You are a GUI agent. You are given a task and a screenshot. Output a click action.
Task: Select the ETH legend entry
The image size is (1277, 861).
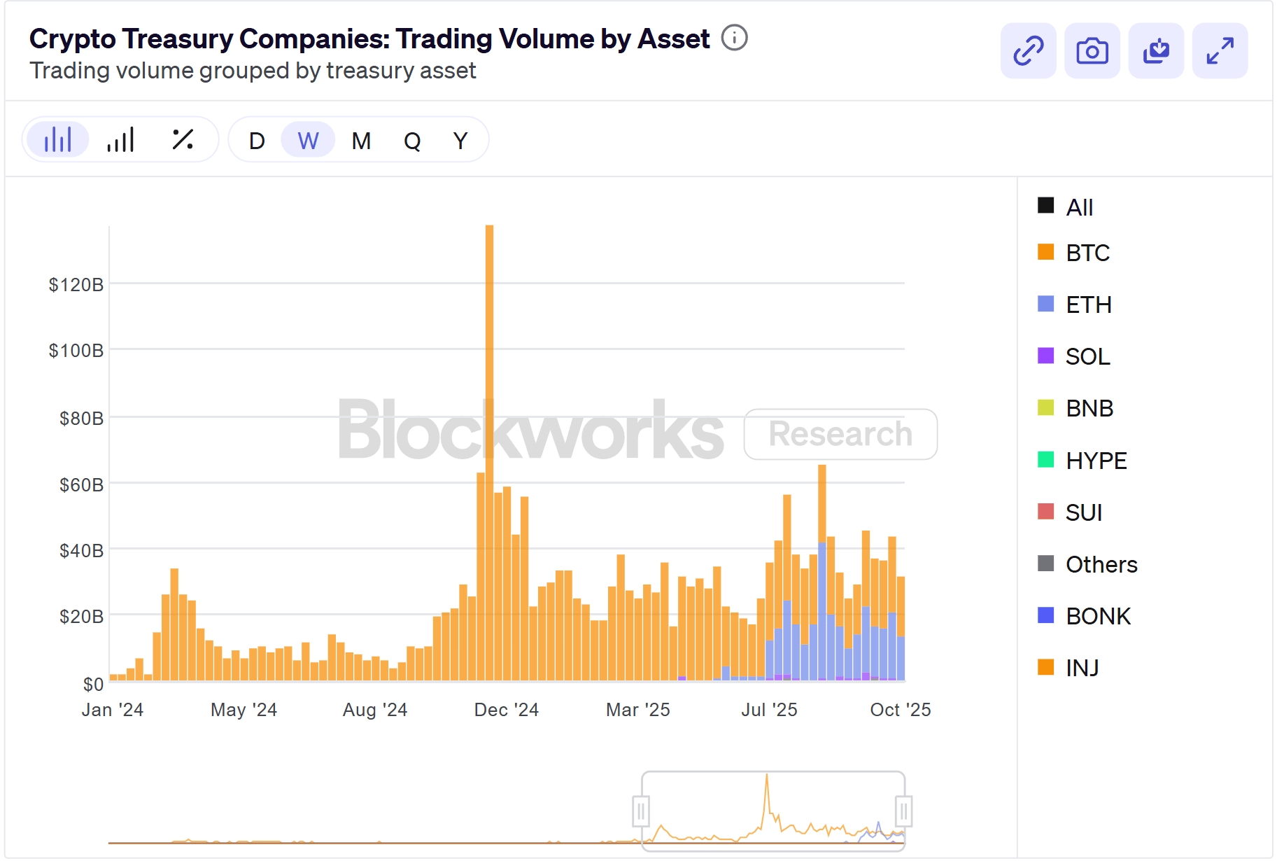point(1088,304)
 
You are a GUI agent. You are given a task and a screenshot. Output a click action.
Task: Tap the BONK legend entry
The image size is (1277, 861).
point(1097,616)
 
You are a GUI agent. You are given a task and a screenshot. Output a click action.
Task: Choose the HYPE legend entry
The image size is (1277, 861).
point(1096,461)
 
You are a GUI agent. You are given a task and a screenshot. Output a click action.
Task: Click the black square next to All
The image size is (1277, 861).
point(1045,205)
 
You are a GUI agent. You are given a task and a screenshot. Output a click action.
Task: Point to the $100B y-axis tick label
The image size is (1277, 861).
point(76,350)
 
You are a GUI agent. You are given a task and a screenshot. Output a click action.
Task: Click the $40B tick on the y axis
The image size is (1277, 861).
point(81,550)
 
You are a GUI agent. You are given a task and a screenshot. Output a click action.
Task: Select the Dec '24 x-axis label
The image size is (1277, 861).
point(506,710)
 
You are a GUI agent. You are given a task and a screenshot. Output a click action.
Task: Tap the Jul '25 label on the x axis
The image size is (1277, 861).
point(769,710)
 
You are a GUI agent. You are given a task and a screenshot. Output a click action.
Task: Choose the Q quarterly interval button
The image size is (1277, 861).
point(412,141)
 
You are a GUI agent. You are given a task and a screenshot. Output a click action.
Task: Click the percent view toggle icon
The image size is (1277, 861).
point(183,139)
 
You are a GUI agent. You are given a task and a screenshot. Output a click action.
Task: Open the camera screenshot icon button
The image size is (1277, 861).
point(1092,51)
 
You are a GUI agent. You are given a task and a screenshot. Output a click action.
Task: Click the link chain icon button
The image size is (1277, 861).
point(1028,51)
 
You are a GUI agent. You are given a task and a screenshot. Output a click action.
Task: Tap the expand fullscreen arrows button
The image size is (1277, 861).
point(1220,51)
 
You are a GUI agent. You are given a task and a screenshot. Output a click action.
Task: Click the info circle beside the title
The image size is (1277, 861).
point(734,38)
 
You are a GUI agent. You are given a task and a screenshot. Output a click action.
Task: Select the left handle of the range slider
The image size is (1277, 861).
point(640,811)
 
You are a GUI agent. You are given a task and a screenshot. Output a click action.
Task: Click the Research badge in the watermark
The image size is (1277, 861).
point(840,434)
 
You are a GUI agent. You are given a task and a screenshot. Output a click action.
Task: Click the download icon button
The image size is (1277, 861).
point(1156,51)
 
